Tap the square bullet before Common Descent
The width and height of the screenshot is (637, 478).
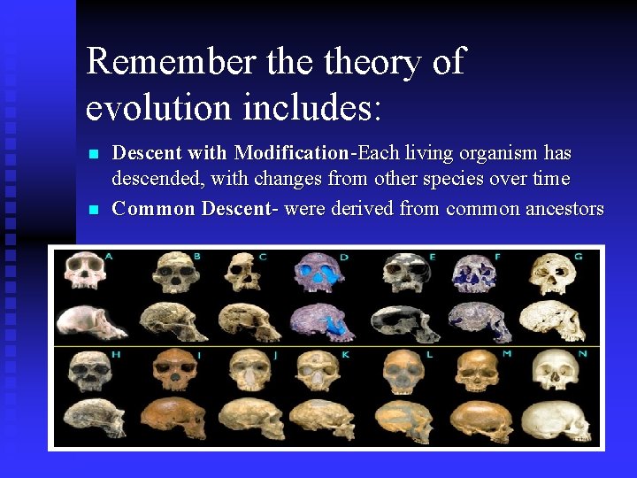tap(95, 210)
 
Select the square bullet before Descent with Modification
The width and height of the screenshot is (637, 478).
tap(95, 154)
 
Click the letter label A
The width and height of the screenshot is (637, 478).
tap(109, 257)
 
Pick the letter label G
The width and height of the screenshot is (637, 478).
tap(577, 257)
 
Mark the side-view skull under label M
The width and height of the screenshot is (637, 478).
tap(479, 420)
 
